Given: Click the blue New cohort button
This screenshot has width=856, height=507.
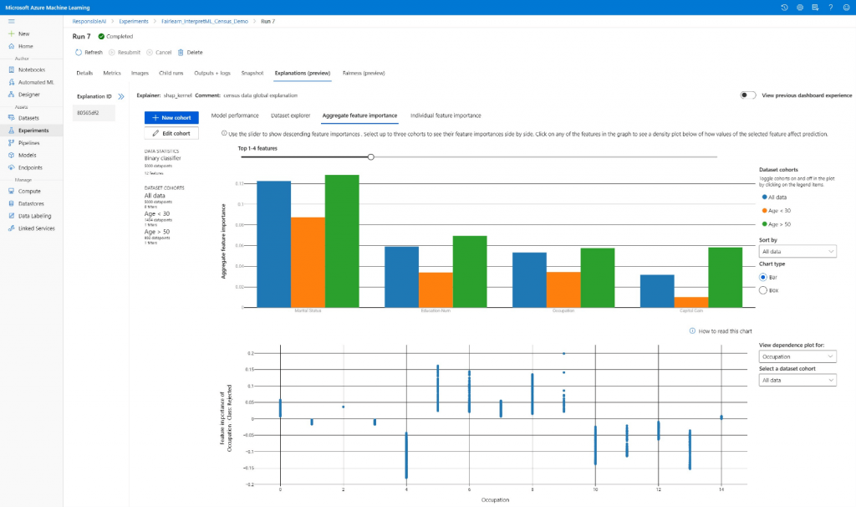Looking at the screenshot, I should pos(171,118).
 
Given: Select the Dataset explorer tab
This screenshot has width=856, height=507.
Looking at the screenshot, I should pos(290,115).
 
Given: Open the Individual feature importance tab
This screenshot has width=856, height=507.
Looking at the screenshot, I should pos(445,115).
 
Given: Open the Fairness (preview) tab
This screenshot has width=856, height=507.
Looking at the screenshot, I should pos(364,73).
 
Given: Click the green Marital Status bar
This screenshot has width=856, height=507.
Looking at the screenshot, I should pos(342,241).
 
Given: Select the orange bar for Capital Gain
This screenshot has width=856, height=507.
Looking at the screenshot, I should pos(691,302).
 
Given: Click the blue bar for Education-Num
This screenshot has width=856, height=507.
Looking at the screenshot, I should pos(401,277).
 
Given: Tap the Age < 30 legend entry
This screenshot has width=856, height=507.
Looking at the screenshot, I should pos(777,211).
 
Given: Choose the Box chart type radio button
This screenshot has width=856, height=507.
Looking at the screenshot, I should pos(763,289).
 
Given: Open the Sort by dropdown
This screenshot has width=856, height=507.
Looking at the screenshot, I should pos(797,251).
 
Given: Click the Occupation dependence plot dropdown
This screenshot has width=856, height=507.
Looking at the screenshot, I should pos(797,356).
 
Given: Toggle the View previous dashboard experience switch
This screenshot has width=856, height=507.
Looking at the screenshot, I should pos(748,95).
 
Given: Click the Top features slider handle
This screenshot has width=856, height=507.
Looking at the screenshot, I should pos(371,156).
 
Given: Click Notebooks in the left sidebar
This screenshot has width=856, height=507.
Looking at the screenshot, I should pos(32,69).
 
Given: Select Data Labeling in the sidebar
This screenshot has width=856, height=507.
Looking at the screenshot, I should pos(34,216).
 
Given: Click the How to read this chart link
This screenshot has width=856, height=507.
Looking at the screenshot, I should pos(721,331).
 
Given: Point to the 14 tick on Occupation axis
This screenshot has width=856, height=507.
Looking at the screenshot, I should pos(721,489).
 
